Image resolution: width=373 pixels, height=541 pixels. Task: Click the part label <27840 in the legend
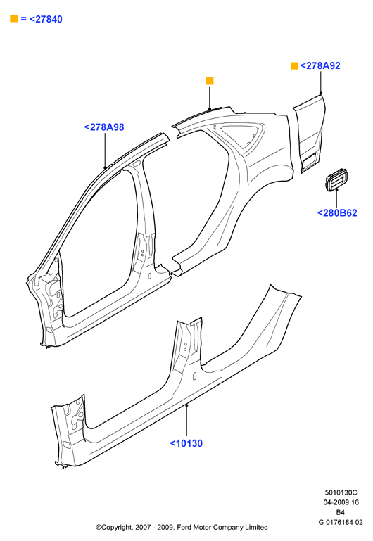pyautogui.click(x=46, y=19)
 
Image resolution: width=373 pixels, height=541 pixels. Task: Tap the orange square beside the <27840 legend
pyautogui.click(x=14, y=18)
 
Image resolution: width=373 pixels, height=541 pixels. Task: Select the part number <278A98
pyautogui.click(x=104, y=127)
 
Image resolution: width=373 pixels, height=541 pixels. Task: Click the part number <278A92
pyautogui.click(x=320, y=66)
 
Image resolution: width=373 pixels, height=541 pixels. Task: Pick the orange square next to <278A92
pyautogui.click(x=294, y=65)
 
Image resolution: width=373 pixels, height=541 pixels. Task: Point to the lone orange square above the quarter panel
pyautogui.click(x=210, y=81)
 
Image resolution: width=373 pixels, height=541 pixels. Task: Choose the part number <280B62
pyautogui.click(x=337, y=213)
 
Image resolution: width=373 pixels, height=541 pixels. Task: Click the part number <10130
pyautogui.click(x=186, y=443)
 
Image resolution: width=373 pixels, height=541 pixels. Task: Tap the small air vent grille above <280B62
pyautogui.click(x=336, y=180)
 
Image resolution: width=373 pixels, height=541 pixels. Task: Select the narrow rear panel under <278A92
pyautogui.click(x=309, y=134)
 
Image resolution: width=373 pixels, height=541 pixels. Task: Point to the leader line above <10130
pyautogui.click(x=186, y=421)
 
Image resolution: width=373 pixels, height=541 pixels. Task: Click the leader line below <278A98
pyautogui.click(x=105, y=151)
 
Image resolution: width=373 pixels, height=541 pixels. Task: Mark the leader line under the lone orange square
pyautogui.click(x=210, y=98)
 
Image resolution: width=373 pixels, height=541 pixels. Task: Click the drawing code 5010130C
pyautogui.click(x=341, y=492)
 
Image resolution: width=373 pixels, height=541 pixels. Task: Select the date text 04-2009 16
pyautogui.click(x=341, y=502)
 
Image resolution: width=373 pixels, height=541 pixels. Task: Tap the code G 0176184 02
pyautogui.click(x=341, y=523)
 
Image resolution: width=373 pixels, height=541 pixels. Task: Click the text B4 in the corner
pyautogui.click(x=340, y=512)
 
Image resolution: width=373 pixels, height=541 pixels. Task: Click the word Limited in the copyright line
pyautogui.click(x=256, y=527)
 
